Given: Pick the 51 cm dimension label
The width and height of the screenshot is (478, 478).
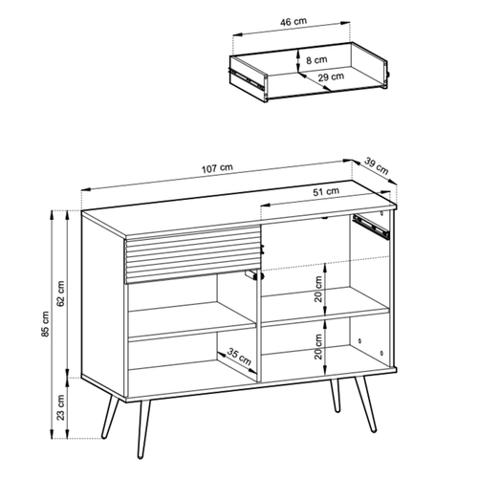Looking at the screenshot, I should pyautogui.click(x=325, y=192).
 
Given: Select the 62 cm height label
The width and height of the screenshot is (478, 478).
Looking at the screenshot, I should pyautogui.click(x=60, y=293).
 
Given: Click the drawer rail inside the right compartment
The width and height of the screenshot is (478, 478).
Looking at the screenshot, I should pyautogui.click(x=372, y=226).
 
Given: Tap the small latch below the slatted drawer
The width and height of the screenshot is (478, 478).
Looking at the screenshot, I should pyautogui.click(x=252, y=275).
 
